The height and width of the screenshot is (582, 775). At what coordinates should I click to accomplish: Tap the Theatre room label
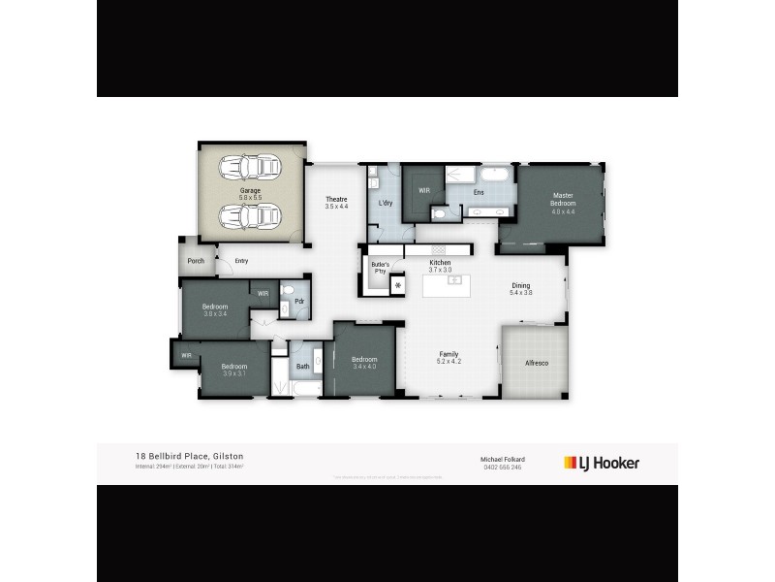coord(336,200)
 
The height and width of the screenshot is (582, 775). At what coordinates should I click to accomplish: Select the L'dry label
coord(385,202)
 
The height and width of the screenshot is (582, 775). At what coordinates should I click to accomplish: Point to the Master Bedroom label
coord(563,199)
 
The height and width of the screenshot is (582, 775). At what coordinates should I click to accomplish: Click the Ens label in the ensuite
coord(479,192)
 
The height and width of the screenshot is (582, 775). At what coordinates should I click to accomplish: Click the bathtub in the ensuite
coord(494,175)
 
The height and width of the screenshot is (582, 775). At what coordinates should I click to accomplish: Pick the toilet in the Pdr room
coord(288,290)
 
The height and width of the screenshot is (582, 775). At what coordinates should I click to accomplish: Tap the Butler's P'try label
coord(381,268)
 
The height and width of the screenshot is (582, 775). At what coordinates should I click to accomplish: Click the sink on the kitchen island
coord(453,280)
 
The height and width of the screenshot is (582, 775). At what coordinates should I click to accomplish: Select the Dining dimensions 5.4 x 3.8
coord(521,292)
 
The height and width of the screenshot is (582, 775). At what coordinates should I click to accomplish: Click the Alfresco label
coord(536,362)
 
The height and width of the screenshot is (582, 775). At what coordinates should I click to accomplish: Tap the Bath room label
coord(303,366)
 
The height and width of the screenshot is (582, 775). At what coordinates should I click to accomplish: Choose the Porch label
coord(196,260)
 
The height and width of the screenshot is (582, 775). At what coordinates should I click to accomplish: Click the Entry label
coord(241,260)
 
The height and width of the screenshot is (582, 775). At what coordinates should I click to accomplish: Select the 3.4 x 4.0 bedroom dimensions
coord(364,367)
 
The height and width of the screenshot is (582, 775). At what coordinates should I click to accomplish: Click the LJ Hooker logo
coord(602,463)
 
